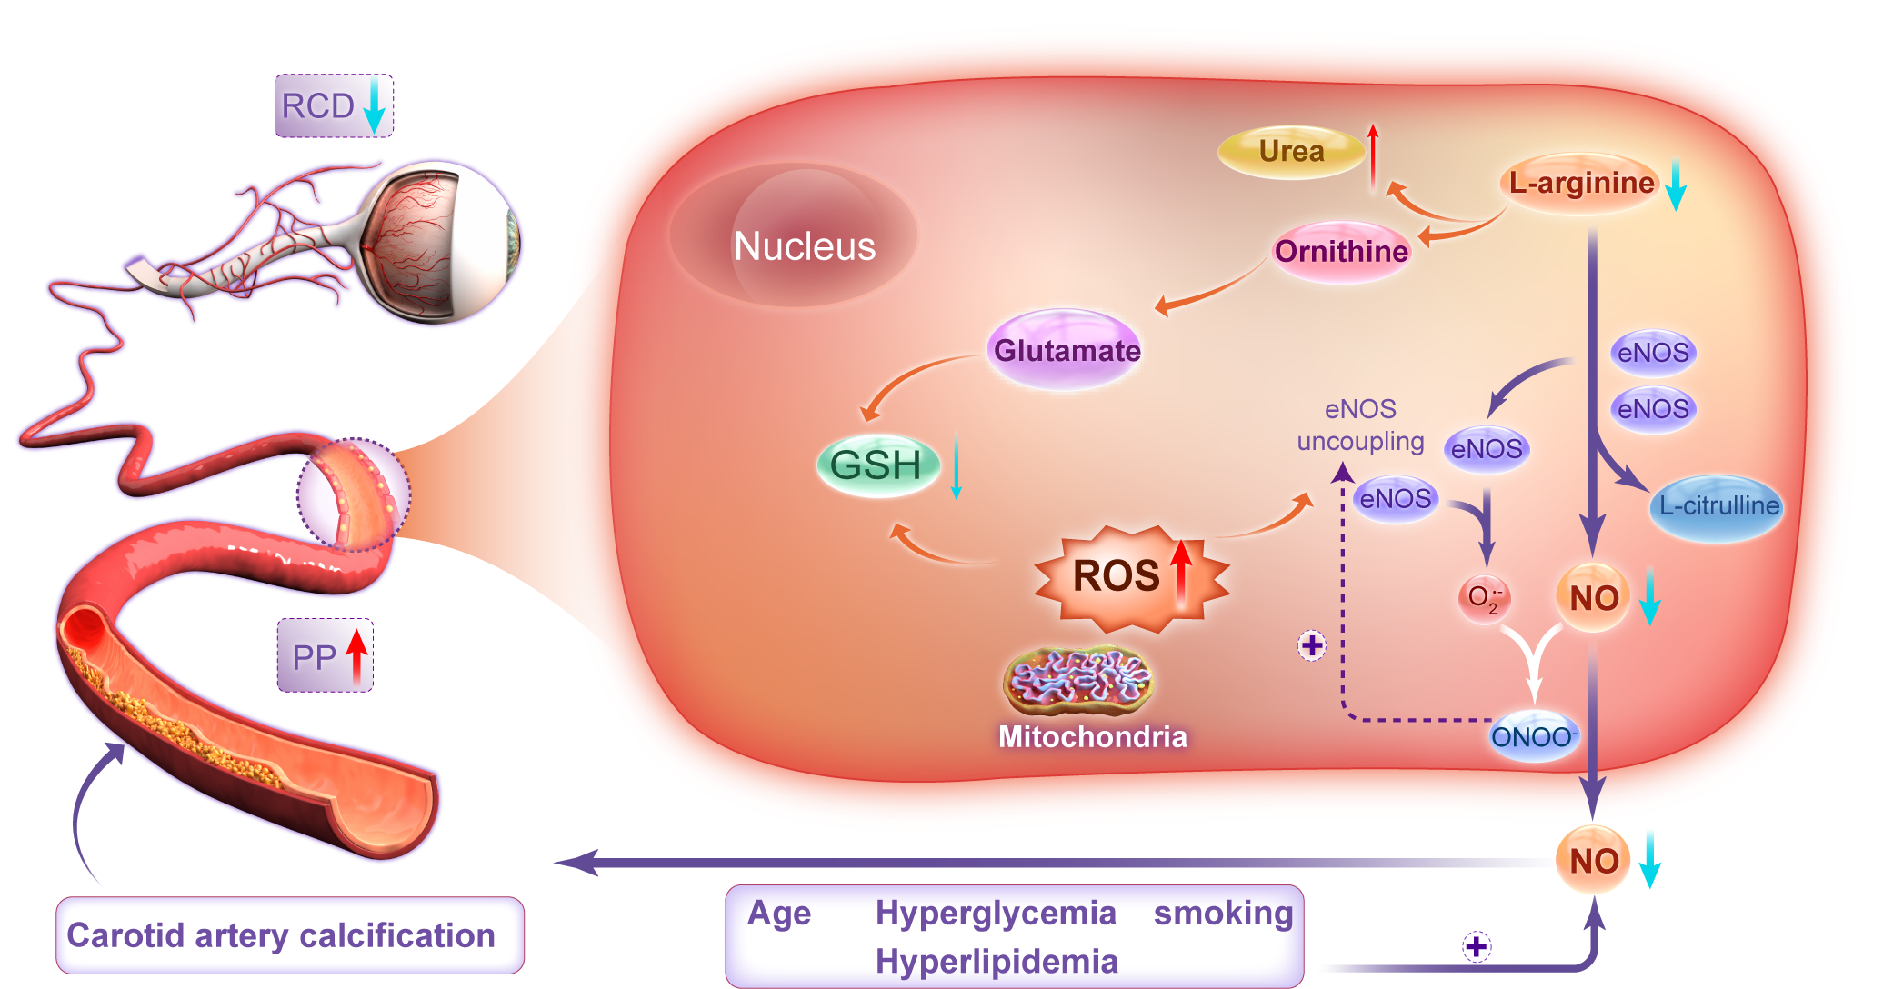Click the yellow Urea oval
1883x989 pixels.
click(1290, 152)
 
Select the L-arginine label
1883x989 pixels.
click(1581, 183)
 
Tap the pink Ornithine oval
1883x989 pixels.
click(1341, 251)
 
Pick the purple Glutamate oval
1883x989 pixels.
click(1067, 350)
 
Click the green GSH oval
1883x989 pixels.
click(876, 465)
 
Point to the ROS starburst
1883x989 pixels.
click(1127, 576)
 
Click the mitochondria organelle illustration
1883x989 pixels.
click(1078, 681)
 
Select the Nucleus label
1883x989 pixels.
click(805, 246)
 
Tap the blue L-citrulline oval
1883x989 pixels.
click(1718, 506)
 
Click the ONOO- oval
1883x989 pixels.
click(1533, 736)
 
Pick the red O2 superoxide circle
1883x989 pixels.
click(1484, 598)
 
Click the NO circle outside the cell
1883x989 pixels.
click(1593, 860)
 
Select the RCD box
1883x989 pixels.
click(334, 106)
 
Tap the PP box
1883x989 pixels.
click(326, 655)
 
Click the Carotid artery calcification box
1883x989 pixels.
click(289, 935)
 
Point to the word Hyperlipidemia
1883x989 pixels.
click(997, 961)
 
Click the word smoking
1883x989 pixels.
click(1223, 913)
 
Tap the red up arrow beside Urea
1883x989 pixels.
click(1373, 156)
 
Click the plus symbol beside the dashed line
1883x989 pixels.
click(1312, 646)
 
